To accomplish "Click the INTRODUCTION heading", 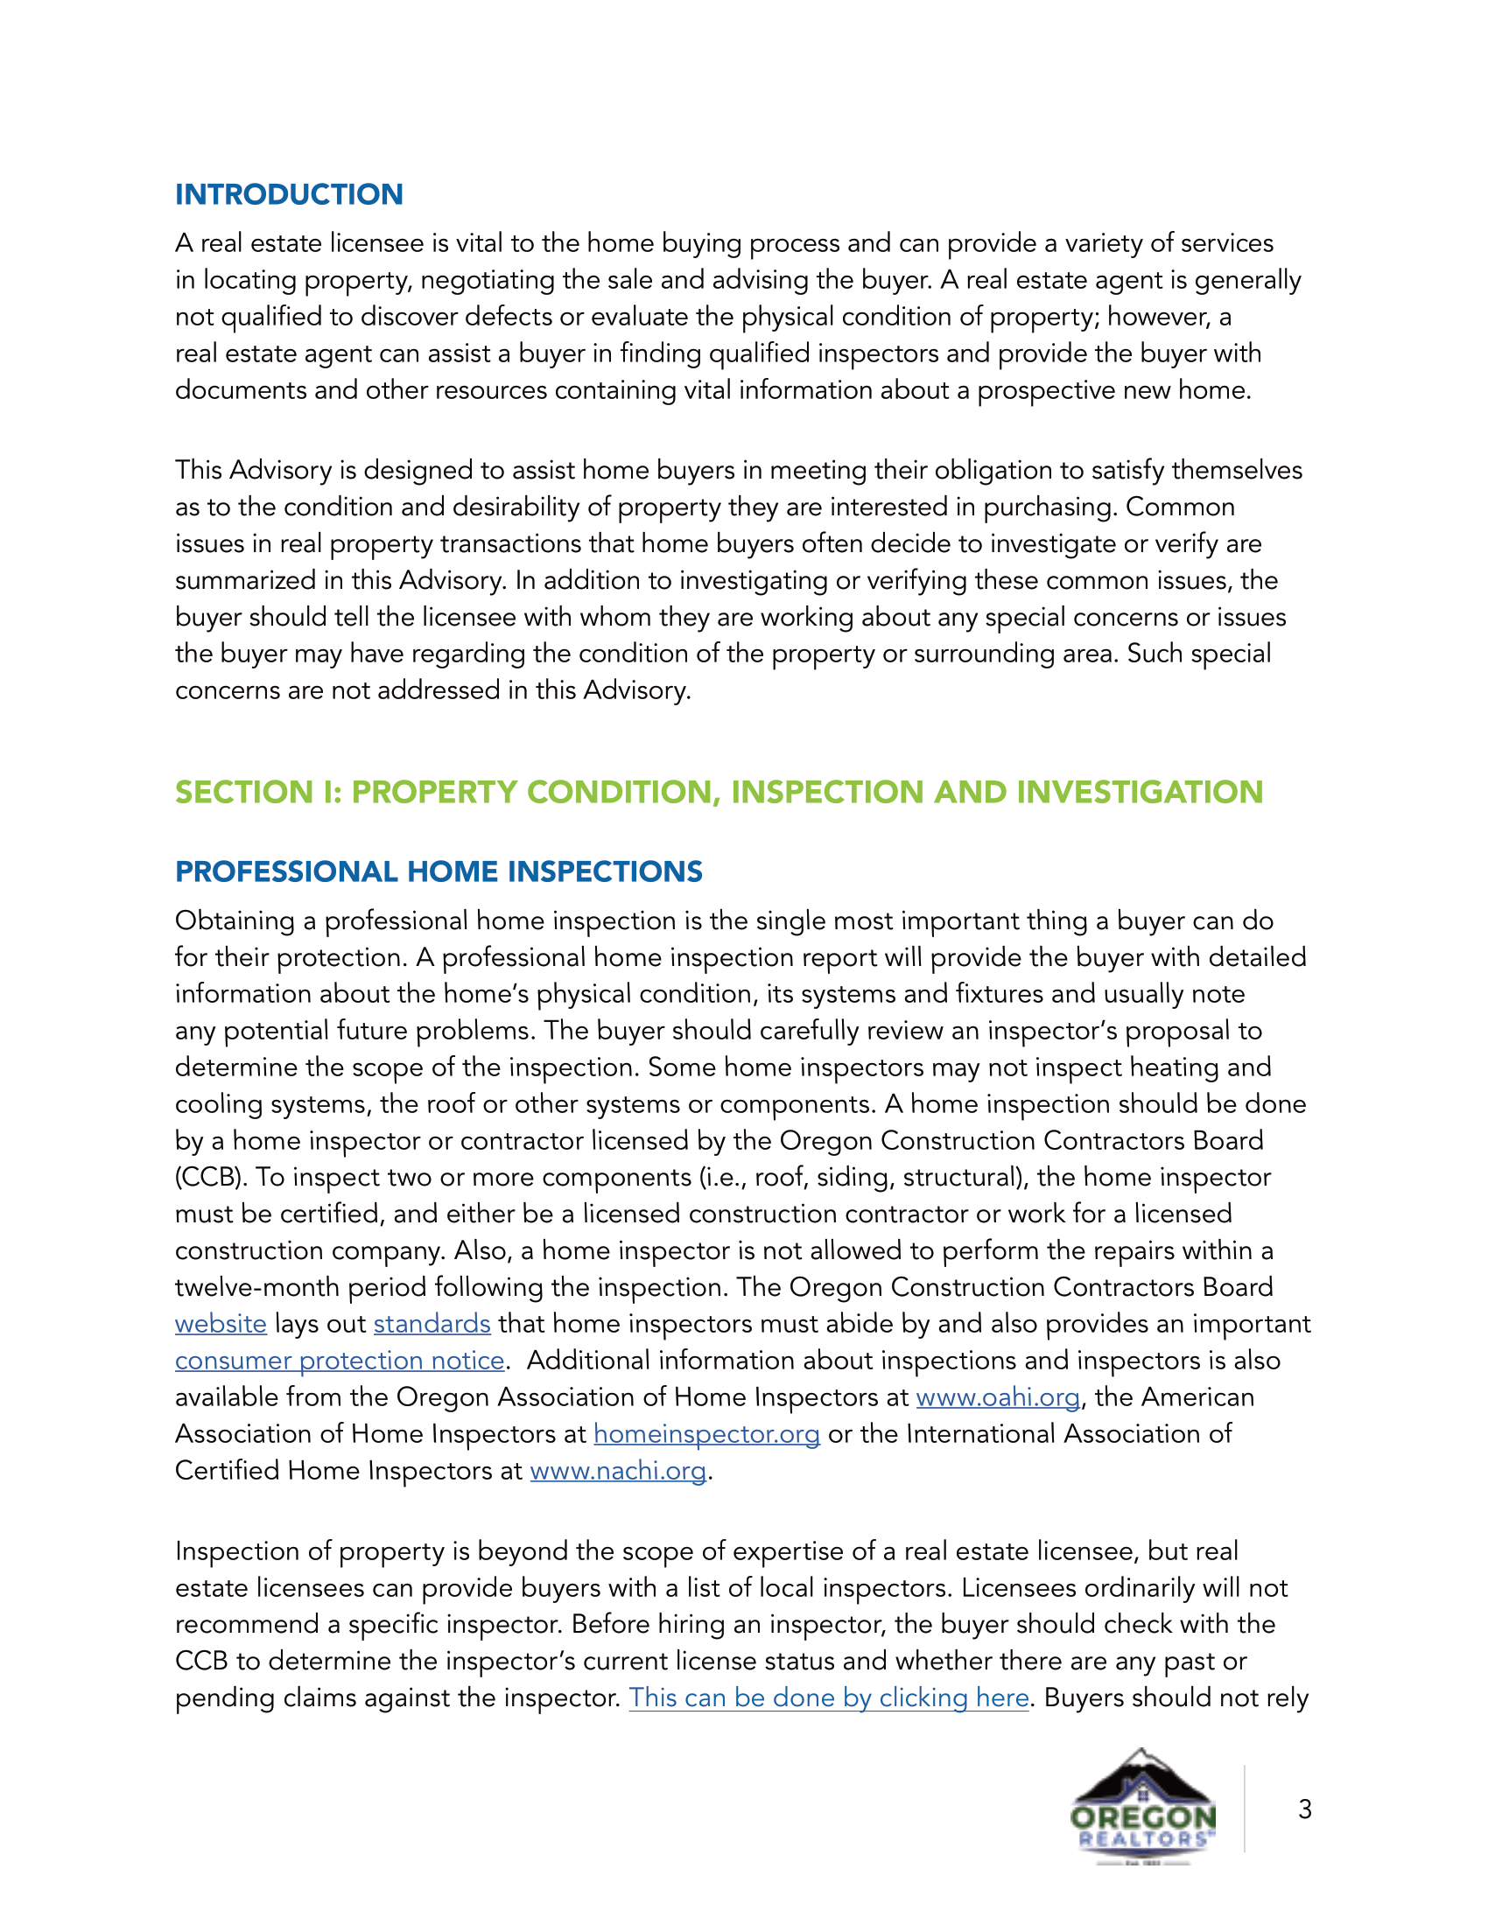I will [288, 194].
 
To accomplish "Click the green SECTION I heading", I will [718, 792].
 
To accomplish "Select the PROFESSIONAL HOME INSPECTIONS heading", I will [439, 871].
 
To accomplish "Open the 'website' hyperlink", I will [221, 1324].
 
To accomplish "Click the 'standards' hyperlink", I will [432, 1324].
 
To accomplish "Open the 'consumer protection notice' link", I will [340, 1361].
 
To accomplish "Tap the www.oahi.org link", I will [998, 1397].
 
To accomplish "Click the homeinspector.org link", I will [706, 1434].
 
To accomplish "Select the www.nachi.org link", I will [618, 1471].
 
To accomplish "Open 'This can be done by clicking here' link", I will [829, 1697].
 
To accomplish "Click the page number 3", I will [1305, 1809].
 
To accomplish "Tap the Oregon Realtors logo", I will [1143, 1806].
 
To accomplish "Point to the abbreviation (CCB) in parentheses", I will [211, 1178].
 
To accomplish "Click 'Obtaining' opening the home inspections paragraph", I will [235, 921].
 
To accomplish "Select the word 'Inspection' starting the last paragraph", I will [234, 1551].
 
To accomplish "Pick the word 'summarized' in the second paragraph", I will [245, 581].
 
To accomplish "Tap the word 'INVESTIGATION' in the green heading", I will [1140, 792].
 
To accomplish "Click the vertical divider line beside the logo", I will [1245, 1808].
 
